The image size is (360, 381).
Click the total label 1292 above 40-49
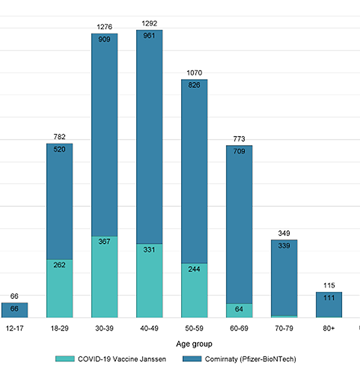[x=150, y=24]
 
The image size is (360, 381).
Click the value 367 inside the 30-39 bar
[x=104, y=242]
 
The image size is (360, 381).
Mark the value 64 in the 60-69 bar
[x=239, y=309]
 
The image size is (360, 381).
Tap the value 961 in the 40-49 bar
[x=150, y=35]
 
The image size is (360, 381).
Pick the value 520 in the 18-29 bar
[x=60, y=149]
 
